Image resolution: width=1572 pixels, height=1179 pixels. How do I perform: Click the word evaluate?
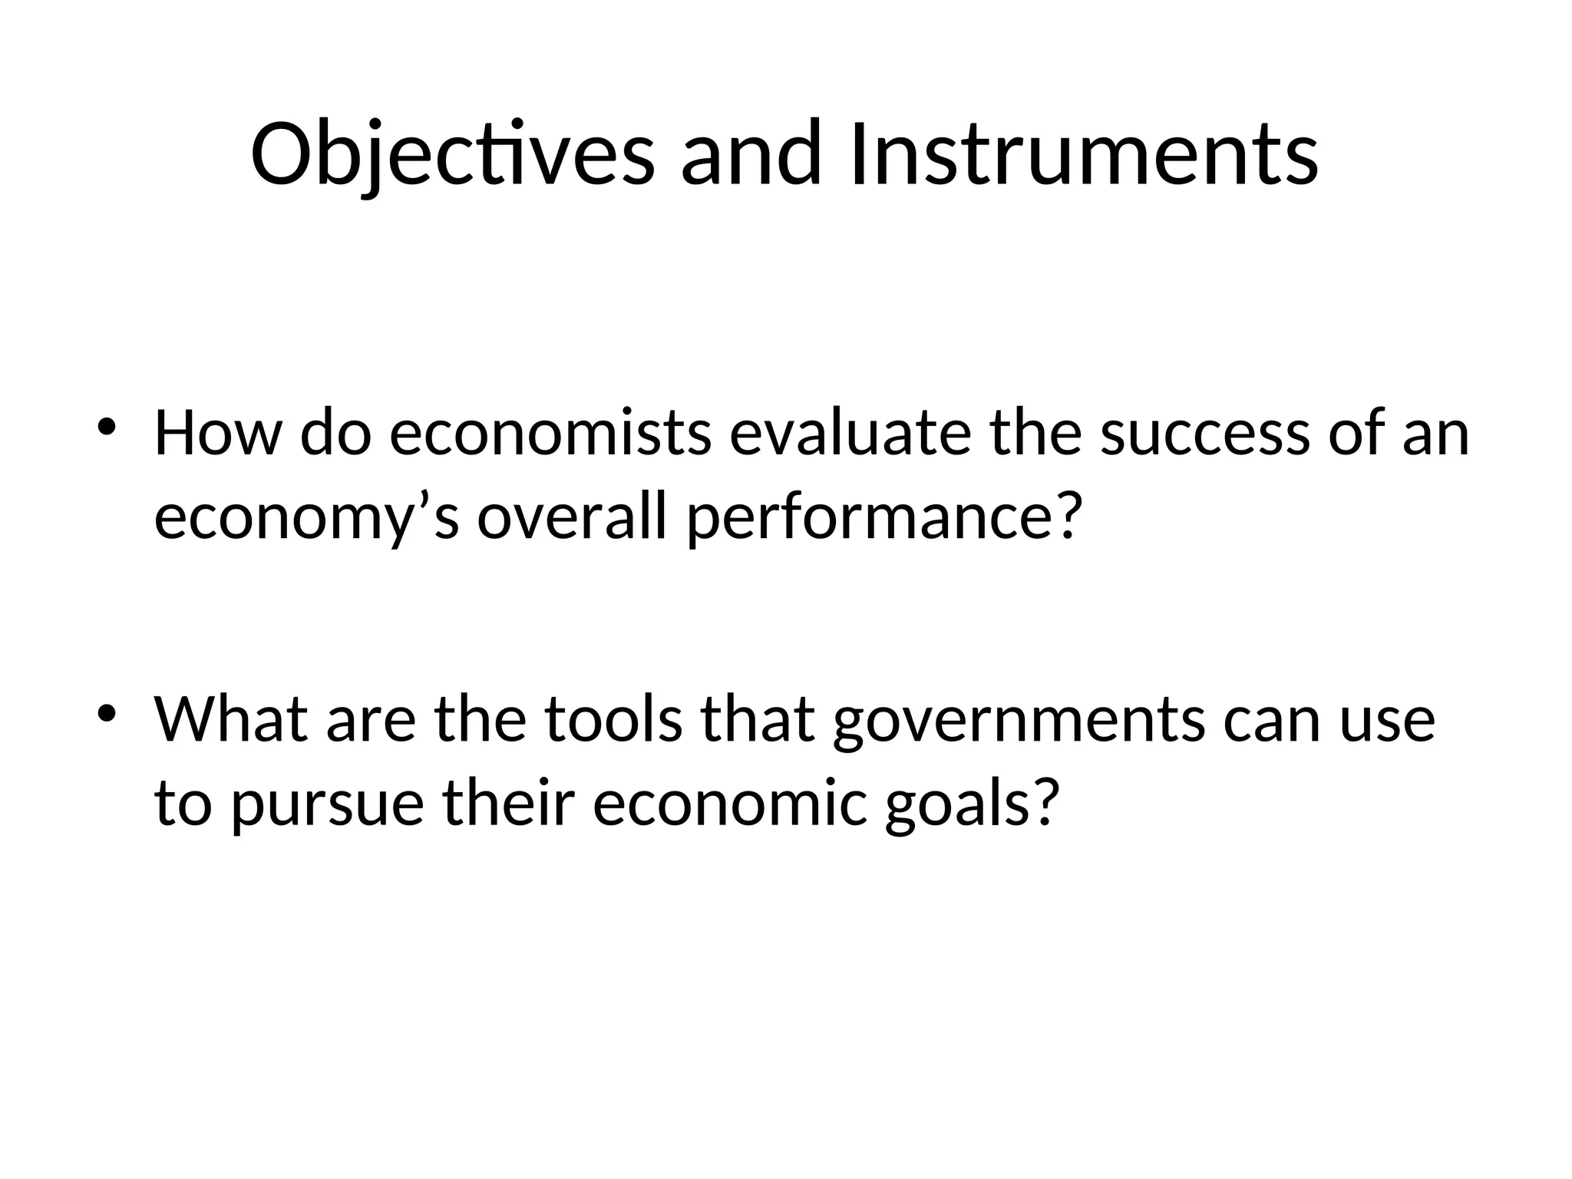[x=850, y=434]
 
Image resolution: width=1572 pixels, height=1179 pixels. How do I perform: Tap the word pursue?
[x=328, y=806]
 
